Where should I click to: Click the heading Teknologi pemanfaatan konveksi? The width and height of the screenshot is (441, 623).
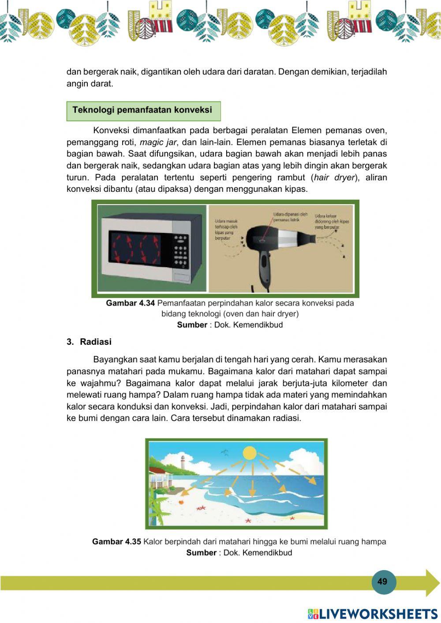coord(142,110)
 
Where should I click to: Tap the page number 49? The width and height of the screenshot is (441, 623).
coord(382,582)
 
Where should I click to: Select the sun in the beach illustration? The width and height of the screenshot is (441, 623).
coord(250,453)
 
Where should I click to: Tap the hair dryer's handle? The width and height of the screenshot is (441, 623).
coord(264,266)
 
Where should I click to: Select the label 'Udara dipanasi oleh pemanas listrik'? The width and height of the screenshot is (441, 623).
coord(290,216)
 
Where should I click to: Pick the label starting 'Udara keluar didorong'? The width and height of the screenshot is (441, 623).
coord(332,221)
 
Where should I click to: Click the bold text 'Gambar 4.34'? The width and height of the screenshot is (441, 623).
coord(131,303)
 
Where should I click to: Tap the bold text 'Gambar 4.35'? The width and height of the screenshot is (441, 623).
coord(116,542)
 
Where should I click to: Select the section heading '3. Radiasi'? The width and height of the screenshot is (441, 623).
coord(89,342)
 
